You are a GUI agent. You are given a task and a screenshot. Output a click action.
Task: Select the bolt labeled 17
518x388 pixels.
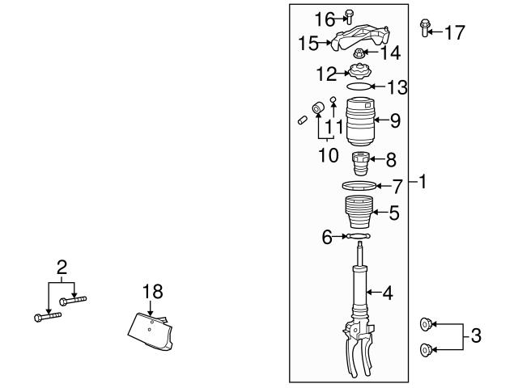[424, 30]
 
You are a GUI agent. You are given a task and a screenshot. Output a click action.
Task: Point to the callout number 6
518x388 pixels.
[328, 237]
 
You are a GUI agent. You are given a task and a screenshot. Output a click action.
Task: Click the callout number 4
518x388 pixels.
[388, 293]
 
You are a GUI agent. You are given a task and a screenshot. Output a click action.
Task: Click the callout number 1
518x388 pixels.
[422, 183]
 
